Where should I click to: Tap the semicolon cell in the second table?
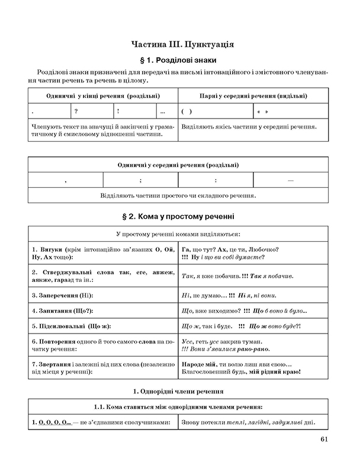tap(140, 180)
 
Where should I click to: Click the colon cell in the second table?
tap(216, 180)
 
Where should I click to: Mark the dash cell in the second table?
tap(290, 180)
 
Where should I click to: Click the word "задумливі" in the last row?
tap(287, 422)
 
